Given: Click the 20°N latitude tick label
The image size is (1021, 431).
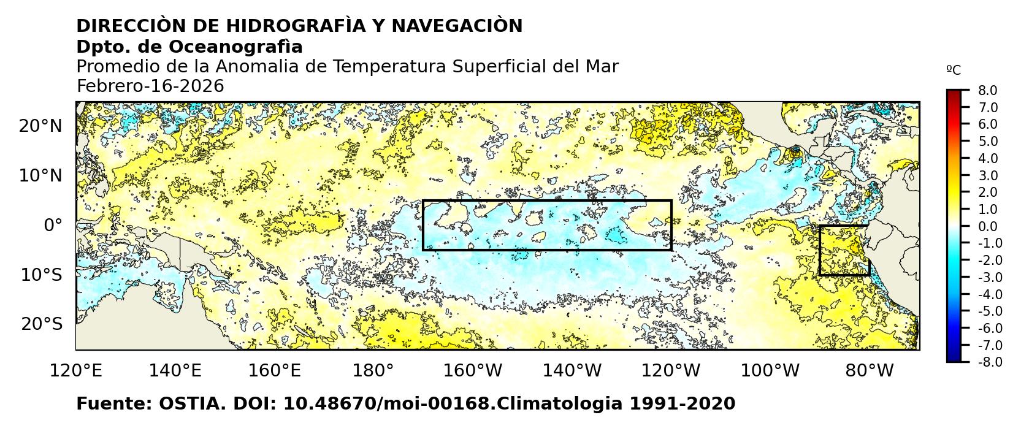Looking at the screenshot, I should [40, 126].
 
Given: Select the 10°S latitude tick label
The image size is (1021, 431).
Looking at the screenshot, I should [42, 275].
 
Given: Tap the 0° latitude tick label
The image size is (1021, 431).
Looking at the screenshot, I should [53, 226].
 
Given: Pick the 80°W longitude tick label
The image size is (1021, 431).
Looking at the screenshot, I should [869, 371].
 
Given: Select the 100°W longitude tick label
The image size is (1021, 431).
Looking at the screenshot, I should [770, 371].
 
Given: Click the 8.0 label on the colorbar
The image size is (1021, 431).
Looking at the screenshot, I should [987, 91].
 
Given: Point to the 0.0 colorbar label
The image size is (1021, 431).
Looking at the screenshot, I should [987, 227].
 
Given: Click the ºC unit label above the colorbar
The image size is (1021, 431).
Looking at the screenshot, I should [954, 71].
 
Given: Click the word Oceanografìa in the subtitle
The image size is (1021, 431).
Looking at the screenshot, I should [235, 47].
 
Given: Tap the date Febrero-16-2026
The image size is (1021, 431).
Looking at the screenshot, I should [150, 86].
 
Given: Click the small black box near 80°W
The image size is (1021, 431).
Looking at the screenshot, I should [844, 250].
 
